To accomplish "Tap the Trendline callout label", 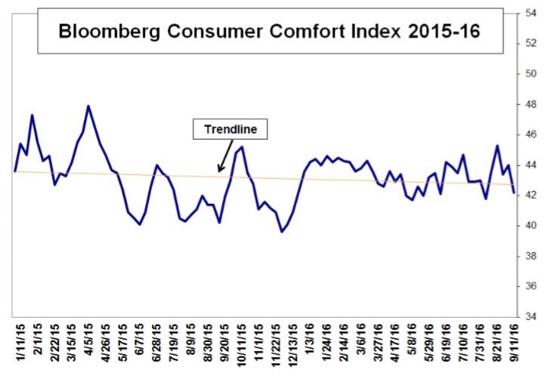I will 230,129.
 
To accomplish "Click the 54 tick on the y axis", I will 532,13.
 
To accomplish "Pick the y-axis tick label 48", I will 532,104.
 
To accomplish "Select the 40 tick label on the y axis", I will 532,226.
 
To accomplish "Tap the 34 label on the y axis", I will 532,316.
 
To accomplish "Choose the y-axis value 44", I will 532,165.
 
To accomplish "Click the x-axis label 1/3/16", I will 310,346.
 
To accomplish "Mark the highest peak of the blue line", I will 89,106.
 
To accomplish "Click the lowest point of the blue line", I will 282,231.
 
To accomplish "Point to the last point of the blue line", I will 515,193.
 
